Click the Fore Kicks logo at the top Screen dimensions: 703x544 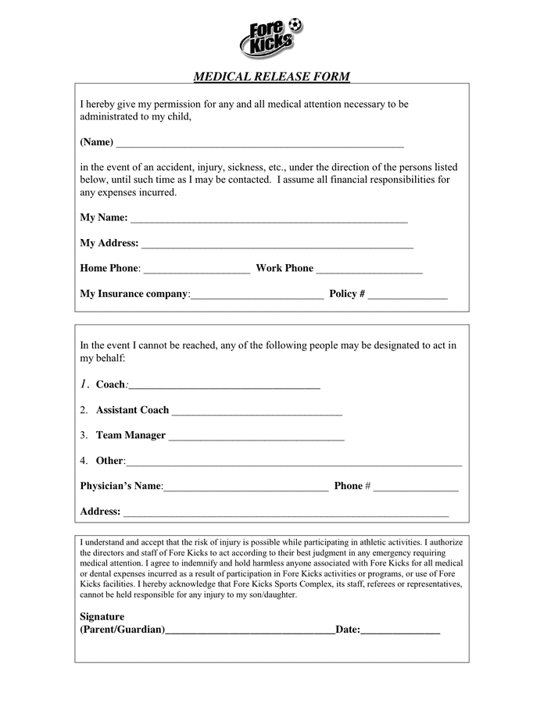(x=270, y=37)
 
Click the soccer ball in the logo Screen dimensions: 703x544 (x=295, y=24)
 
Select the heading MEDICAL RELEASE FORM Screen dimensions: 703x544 (x=271, y=77)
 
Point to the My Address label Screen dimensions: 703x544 (x=109, y=243)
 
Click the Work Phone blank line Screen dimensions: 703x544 (x=369, y=271)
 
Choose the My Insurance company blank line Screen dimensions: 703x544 (x=257, y=297)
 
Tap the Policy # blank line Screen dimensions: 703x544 (x=407, y=297)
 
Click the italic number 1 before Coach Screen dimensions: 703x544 (x=84, y=384)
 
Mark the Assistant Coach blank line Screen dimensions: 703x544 (x=256, y=413)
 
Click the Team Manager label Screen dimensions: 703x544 (x=131, y=435)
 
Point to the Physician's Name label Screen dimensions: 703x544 (x=120, y=486)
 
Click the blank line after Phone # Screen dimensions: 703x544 (x=416, y=489)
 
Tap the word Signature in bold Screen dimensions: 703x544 (x=102, y=616)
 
